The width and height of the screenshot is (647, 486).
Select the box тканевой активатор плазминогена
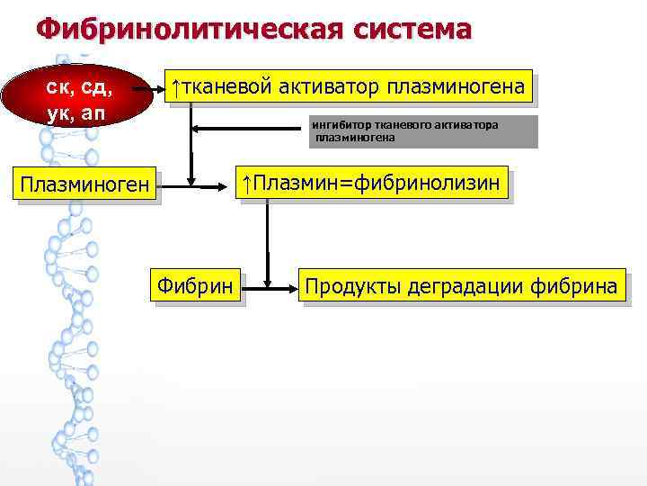pos(350,88)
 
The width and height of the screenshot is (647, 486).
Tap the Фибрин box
pos(196,287)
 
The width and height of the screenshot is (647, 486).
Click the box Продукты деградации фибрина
pos(461,287)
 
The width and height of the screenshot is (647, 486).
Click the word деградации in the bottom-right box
pos(461,287)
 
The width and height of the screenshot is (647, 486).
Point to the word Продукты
pos(351,287)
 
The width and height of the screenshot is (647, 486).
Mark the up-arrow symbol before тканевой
pos(177,88)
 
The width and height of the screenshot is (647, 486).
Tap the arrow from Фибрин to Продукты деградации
pos(272,288)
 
